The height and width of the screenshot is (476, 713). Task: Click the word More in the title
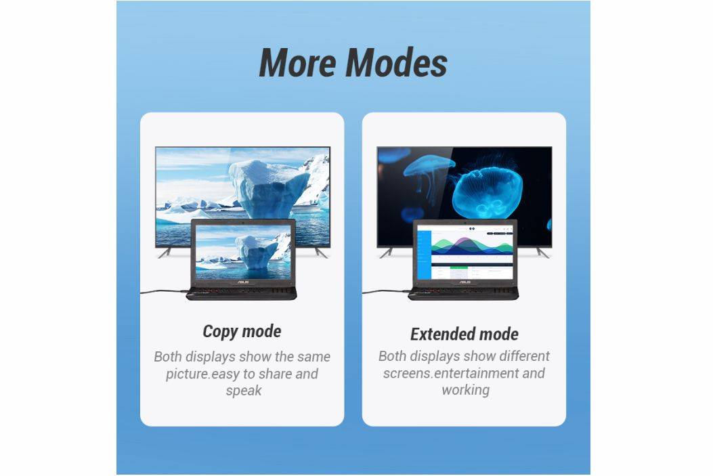coord(298,62)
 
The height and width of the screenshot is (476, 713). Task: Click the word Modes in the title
coord(396,62)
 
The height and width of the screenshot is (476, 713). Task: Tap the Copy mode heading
coord(242,331)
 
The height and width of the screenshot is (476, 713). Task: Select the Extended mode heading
coord(464,334)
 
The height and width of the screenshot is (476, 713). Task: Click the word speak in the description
coord(244,391)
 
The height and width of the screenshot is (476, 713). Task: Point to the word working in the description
coord(466,389)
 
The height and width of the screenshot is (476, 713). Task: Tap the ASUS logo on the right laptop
coord(464,282)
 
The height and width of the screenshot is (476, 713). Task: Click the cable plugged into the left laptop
coord(164,291)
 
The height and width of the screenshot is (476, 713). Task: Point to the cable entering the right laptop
coord(385,291)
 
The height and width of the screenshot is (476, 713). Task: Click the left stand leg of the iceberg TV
coord(164,253)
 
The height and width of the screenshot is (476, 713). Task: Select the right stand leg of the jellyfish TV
coord(542,253)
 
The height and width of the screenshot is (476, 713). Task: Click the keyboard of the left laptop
coord(242,291)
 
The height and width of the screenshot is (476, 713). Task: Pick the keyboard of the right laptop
coord(463,291)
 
